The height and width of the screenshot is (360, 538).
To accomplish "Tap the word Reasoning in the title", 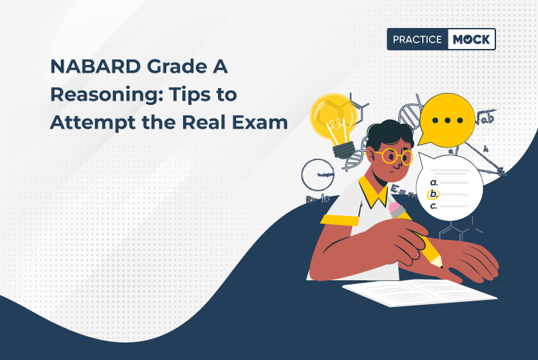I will tap(97, 94).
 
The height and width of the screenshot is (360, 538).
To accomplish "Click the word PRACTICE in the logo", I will tap(416, 40).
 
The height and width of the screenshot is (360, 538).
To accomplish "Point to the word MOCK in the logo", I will tap(470, 40).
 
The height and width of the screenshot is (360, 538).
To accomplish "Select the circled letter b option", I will tap(433, 194).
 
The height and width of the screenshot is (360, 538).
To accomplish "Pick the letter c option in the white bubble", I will tap(433, 206).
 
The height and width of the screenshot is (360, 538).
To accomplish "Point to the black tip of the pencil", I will tap(441, 266).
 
